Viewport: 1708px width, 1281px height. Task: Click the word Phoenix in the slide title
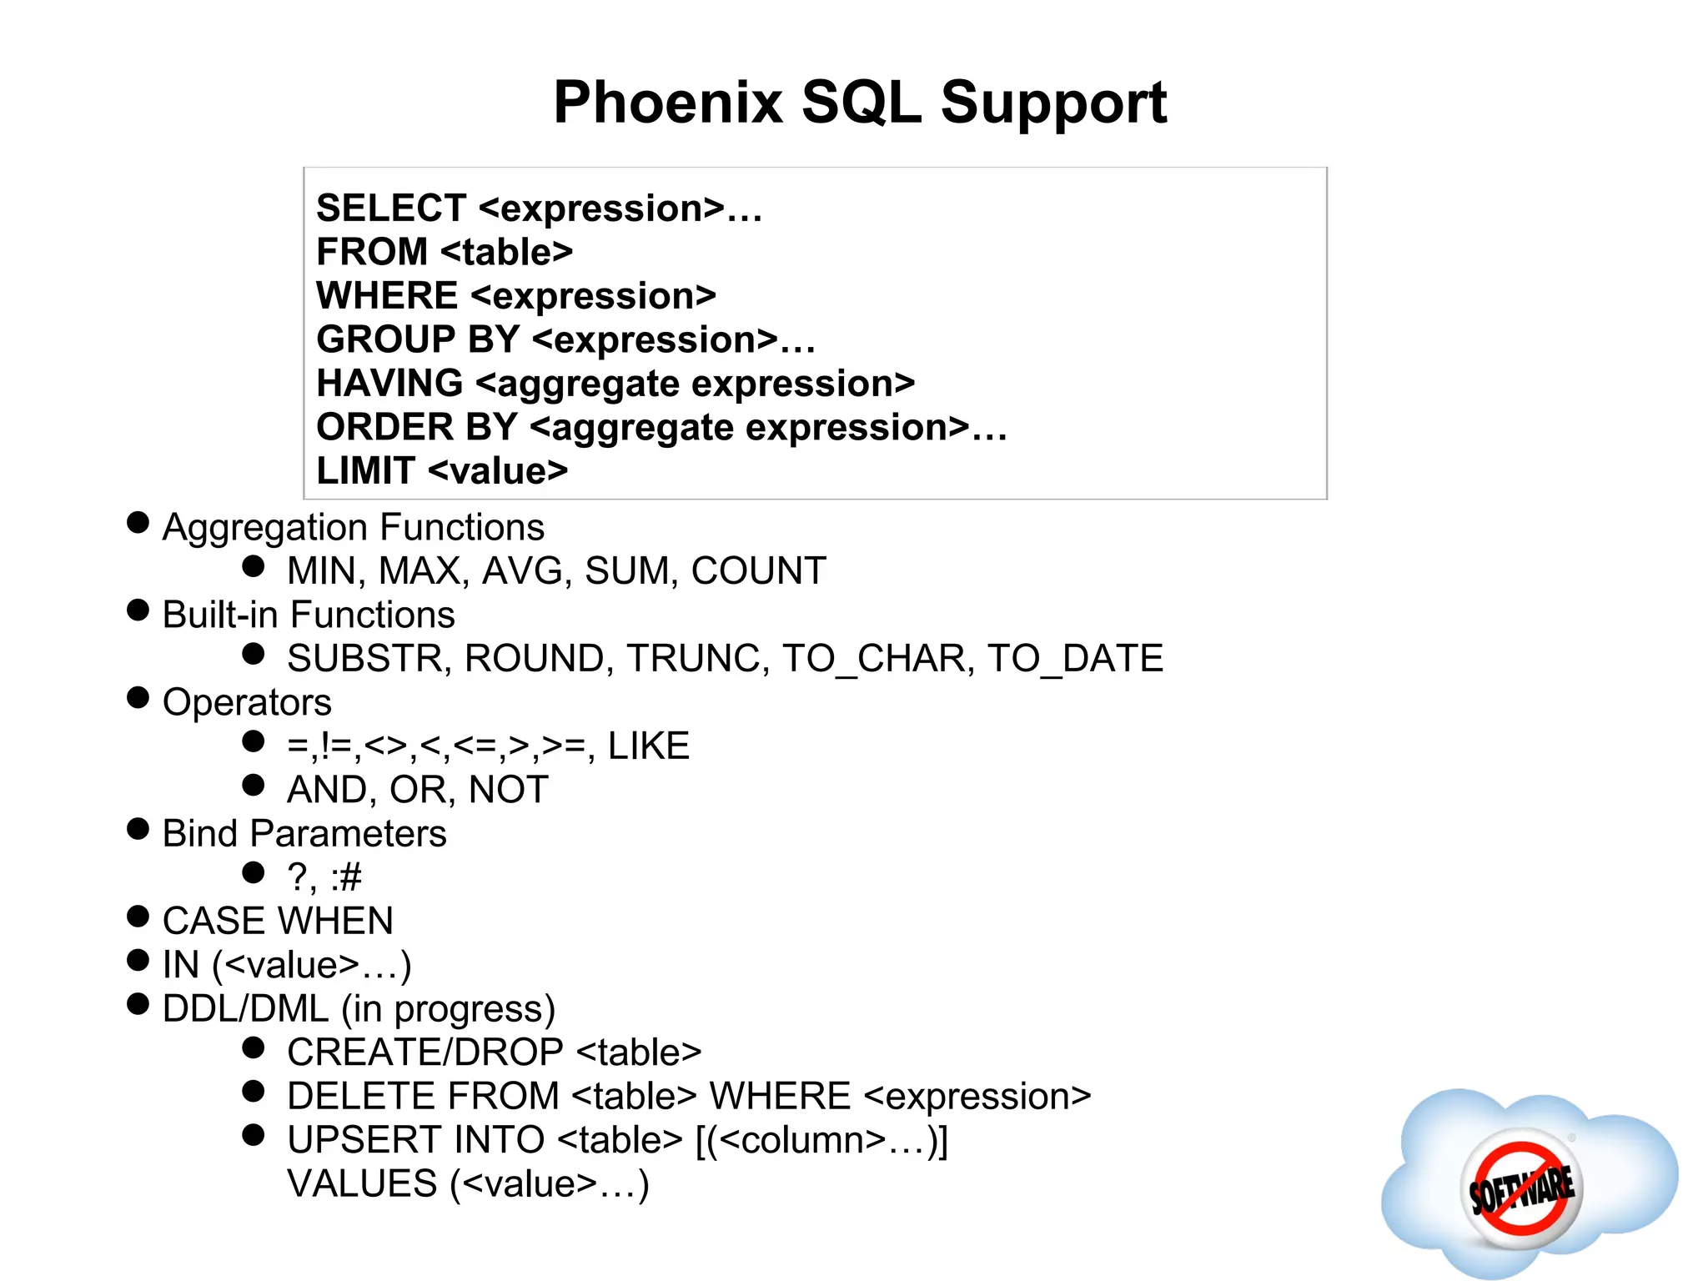pos(667,103)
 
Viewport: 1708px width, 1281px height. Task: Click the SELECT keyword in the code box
pos(390,208)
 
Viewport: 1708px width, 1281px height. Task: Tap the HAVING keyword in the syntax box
pos(389,384)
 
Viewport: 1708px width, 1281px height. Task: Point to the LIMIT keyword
pos(365,471)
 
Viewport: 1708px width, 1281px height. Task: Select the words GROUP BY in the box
pos(417,339)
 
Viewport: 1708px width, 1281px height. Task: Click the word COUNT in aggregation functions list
pos(758,571)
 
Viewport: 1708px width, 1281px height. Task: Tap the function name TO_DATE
pos(1075,659)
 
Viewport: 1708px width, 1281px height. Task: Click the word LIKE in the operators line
pos(648,746)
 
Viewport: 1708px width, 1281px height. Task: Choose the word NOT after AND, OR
pos(508,790)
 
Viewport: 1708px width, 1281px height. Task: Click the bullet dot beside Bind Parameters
pos(138,830)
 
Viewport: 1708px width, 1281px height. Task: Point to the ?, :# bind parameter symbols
pos(324,877)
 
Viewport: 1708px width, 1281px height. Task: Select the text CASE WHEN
pos(278,922)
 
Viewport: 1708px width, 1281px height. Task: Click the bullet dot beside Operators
pos(138,698)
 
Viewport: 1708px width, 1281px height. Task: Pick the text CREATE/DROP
pos(424,1052)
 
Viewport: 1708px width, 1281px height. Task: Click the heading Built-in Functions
pos(309,615)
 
